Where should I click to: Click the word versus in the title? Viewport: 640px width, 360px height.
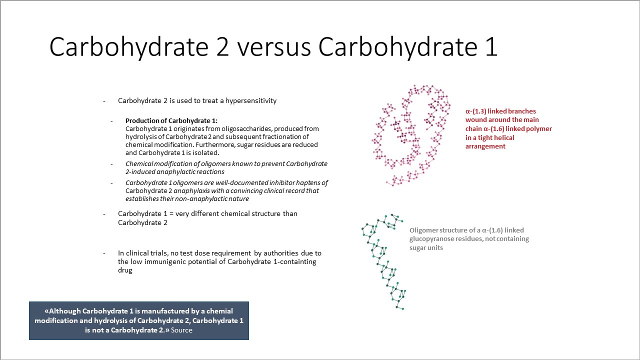(274, 47)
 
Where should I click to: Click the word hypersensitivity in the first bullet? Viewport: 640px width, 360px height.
(251, 100)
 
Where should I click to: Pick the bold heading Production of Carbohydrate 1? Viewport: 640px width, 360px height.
(171, 120)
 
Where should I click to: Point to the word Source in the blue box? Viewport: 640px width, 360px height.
(181, 330)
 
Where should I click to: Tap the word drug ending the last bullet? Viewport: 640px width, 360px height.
(125, 270)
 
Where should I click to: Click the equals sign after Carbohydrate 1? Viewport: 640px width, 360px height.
(171, 213)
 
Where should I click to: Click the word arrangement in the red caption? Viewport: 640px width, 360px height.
(485, 146)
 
